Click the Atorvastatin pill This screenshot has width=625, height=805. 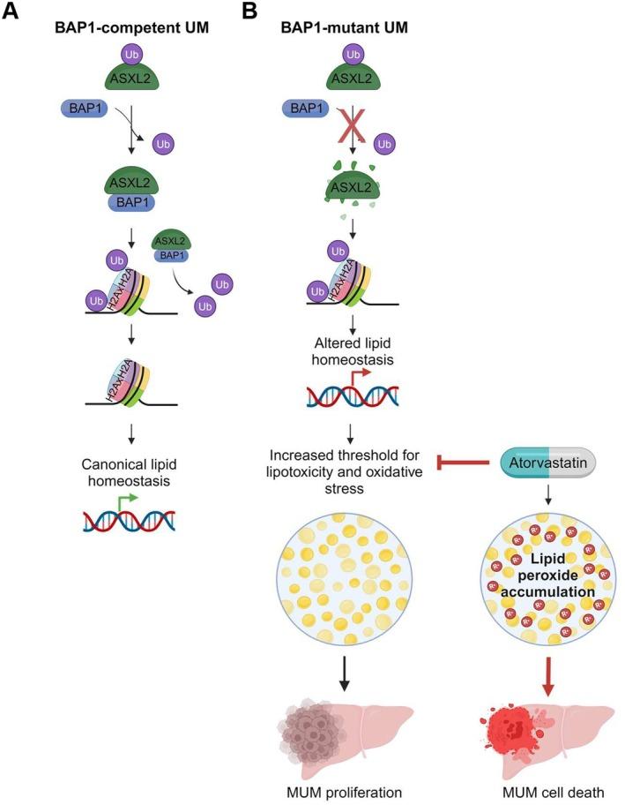(547, 460)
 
